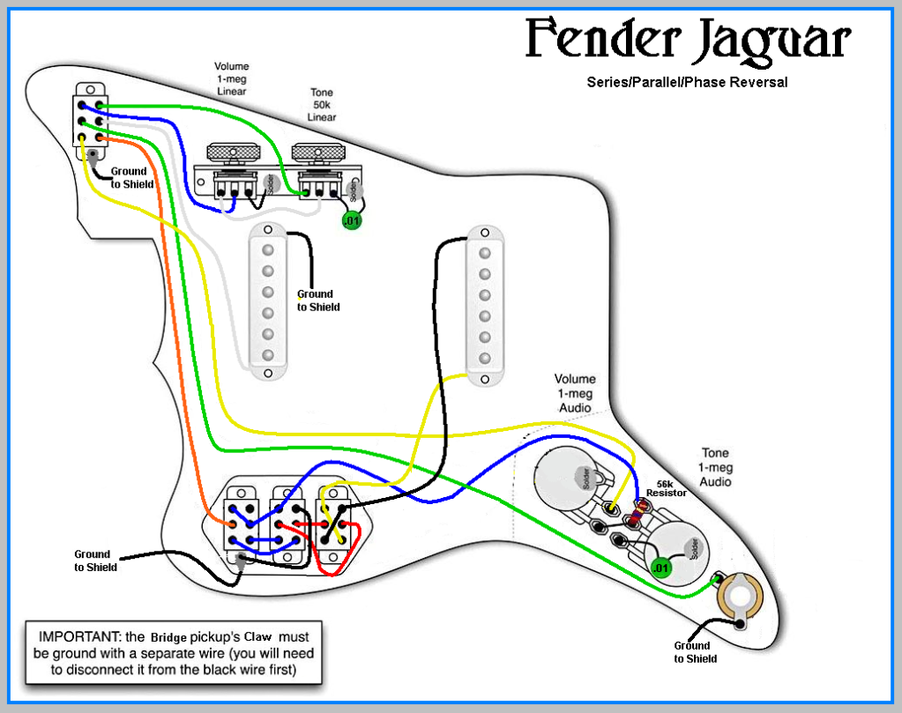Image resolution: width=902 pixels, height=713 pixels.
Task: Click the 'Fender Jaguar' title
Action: coord(689,41)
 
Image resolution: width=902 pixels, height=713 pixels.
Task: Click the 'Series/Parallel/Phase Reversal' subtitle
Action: coord(687,82)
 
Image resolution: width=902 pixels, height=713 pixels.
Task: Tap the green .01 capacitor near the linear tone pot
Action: coord(352,220)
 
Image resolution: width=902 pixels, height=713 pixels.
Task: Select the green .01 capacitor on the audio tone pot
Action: coord(660,568)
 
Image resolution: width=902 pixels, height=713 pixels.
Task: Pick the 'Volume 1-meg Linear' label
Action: coord(232,78)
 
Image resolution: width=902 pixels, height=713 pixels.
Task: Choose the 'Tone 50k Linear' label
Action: coord(322,105)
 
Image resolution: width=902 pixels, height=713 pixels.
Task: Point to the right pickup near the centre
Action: coord(484,305)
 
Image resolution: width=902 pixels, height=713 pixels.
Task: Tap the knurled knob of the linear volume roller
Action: coord(235,152)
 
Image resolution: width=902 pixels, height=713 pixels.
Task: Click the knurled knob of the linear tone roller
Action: coord(318,152)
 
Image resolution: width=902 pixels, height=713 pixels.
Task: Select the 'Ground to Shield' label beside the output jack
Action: coord(696,652)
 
